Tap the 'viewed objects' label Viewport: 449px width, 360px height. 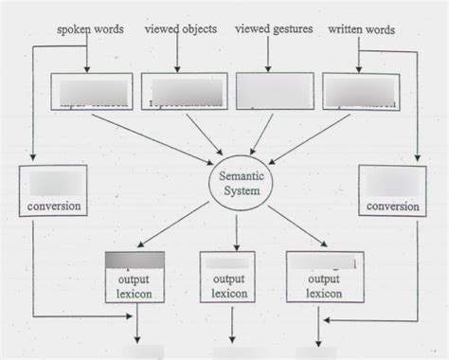[180, 29]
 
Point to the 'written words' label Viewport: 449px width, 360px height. [363, 30]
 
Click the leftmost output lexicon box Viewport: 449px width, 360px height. [135, 277]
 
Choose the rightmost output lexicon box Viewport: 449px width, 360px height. [319, 277]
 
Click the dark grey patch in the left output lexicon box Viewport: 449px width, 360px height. [135, 260]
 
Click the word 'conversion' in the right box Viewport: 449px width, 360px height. [392, 206]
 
